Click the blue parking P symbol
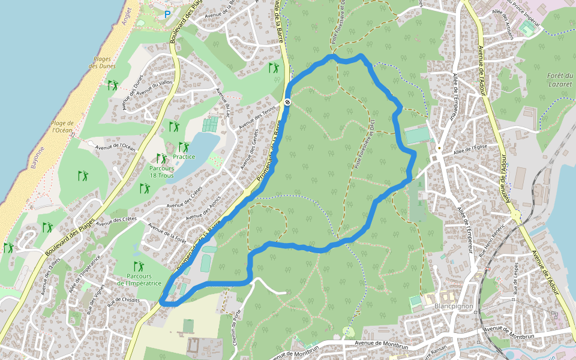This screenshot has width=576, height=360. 167,14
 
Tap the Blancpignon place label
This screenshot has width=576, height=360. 454,306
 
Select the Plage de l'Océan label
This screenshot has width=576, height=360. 62,126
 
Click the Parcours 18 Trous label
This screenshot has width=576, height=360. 162,172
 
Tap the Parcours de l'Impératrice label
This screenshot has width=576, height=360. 139,279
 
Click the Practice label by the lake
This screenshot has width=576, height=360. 184,157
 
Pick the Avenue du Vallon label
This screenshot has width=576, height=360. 154,89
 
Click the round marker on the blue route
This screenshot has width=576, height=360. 287,102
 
